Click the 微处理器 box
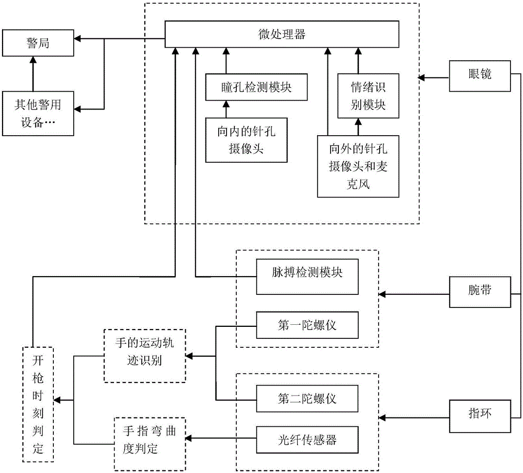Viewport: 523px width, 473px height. [x=282, y=34]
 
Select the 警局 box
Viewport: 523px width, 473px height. [x=38, y=43]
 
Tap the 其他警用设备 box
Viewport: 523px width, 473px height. [x=38, y=114]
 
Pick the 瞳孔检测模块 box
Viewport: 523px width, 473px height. [x=256, y=87]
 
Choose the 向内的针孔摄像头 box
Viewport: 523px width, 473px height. [x=246, y=140]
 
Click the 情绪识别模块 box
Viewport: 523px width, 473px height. [x=368, y=96]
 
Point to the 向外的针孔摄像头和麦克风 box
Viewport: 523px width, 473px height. [x=358, y=167]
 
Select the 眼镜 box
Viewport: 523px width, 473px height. [x=480, y=76]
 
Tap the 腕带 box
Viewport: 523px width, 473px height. [x=480, y=292]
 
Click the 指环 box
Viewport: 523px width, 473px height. [x=480, y=416]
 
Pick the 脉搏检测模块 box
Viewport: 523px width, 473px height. [x=307, y=277]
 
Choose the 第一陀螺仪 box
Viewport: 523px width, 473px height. [x=307, y=325]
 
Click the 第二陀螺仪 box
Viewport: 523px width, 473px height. [x=307, y=399]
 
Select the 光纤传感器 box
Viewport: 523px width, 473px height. [x=307, y=439]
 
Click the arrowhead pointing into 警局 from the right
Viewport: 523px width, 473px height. [x=77, y=39]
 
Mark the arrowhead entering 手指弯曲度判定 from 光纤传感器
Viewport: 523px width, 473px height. [x=189, y=438]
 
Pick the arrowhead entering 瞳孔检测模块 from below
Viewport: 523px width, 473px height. [x=226, y=104]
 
